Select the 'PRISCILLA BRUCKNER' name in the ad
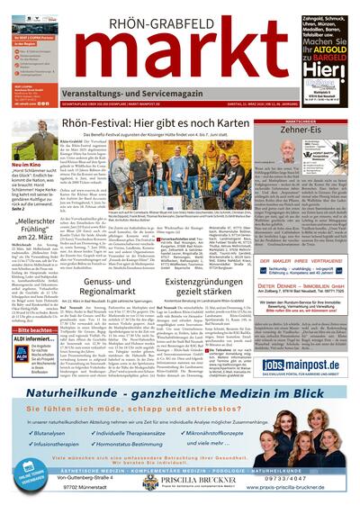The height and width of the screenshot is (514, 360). [x=211, y=481]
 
